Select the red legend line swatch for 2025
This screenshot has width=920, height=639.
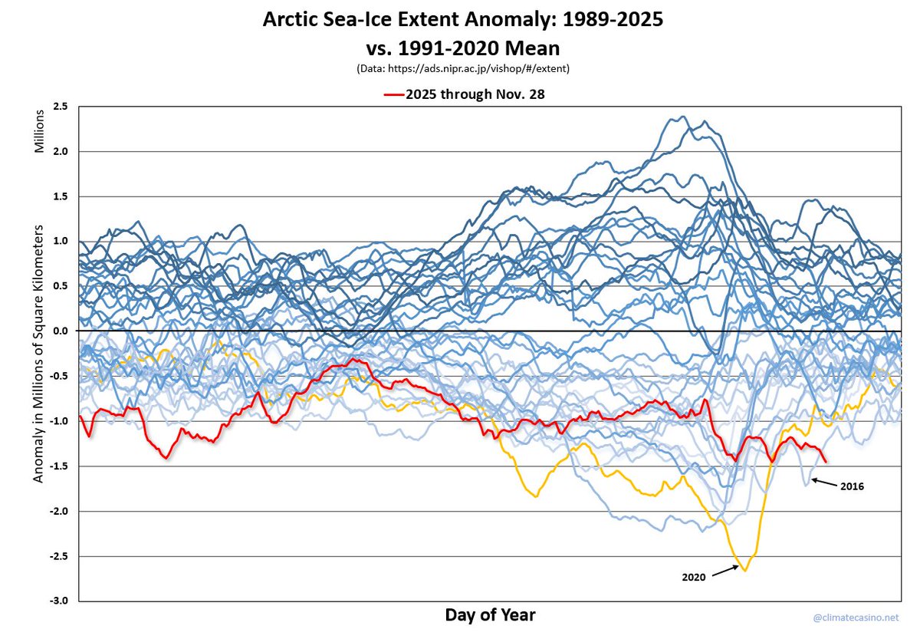pyautogui.click(x=394, y=94)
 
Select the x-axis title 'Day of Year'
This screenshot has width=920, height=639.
pyautogui.click(x=490, y=615)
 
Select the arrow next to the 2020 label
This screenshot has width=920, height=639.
pyautogui.click(x=725, y=571)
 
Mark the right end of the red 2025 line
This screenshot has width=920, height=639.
pyautogui.click(x=826, y=461)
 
